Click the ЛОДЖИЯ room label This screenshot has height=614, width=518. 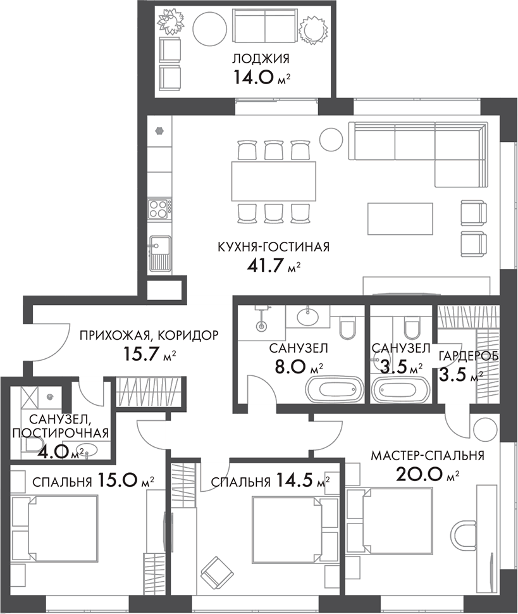click(261, 60)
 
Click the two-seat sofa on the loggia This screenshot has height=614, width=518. click(264, 26)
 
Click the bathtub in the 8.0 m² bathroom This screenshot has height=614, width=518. click(335, 387)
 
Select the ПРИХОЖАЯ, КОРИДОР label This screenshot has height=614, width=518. click(149, 335)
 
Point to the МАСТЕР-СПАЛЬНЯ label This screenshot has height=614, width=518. click(427, 456)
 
